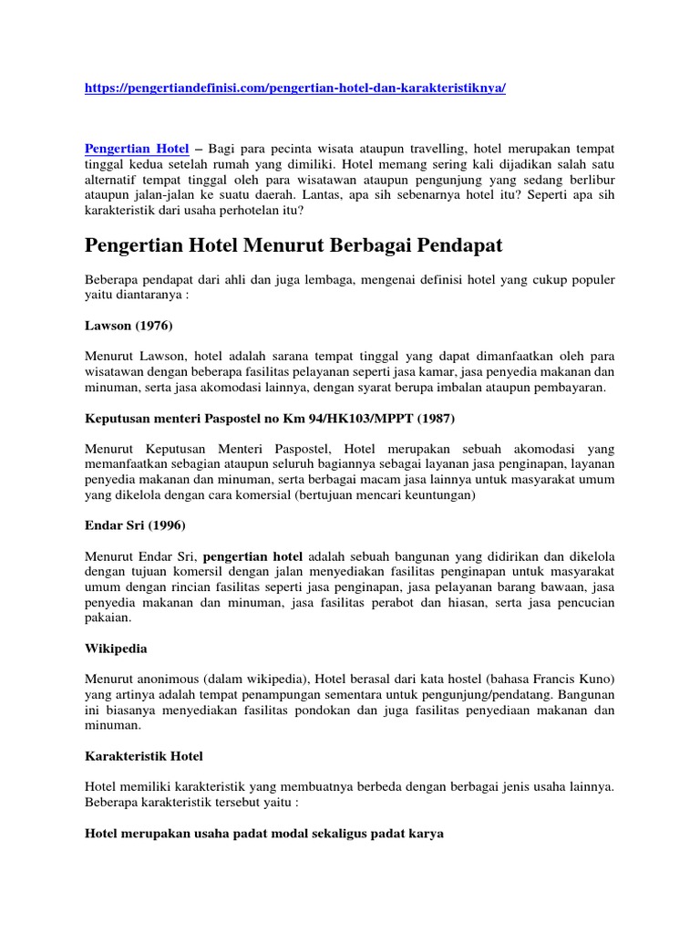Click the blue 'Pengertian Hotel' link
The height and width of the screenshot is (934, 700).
coord(137,148)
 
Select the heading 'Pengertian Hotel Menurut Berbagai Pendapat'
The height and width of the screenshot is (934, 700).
coord(293,245)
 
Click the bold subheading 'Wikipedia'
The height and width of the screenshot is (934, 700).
coord(116,649)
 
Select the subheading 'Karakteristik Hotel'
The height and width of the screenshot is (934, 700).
coord(144,757)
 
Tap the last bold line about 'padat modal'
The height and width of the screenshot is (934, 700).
coord(264,834)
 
